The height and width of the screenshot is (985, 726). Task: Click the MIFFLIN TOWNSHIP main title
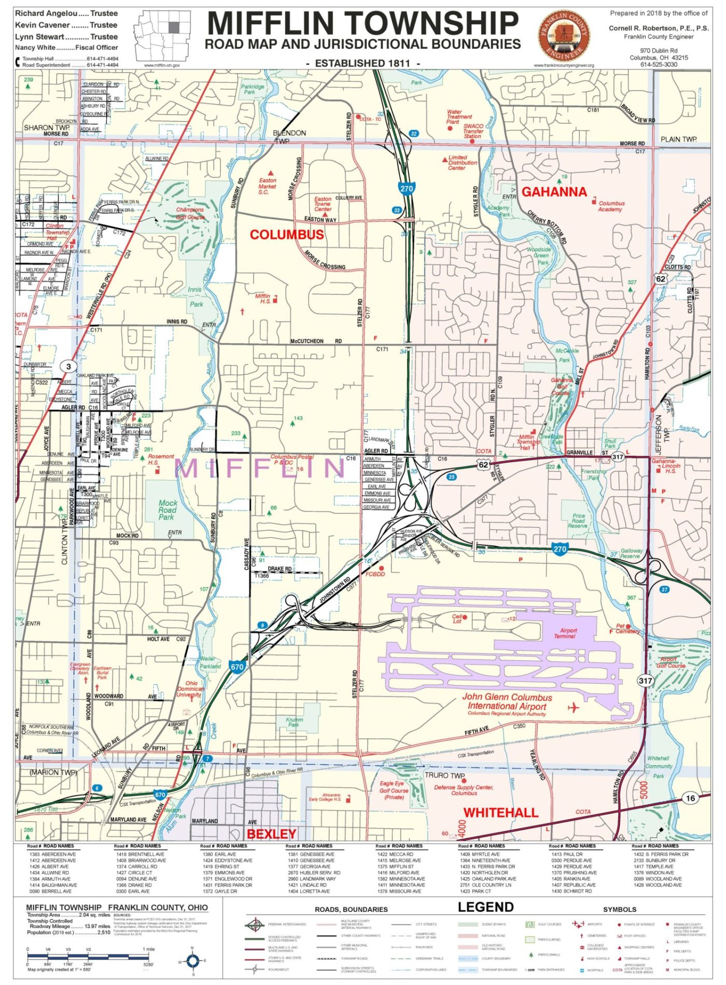tap(363, 23)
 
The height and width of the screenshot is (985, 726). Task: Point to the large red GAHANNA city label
tap(554, 192)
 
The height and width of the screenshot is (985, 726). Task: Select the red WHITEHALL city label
tap(500, 812)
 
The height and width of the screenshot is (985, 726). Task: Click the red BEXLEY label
tap(271, 834)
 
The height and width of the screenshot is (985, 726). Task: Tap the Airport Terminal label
tap(565, 633)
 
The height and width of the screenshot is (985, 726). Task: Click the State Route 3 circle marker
tap(68, 367)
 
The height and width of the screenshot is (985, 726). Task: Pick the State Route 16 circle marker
tap(690, 798)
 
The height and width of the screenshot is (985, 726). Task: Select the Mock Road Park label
tap(167, 510)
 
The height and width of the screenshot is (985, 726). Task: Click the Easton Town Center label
tap(323, 204)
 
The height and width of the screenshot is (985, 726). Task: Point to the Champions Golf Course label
tap(189, 213)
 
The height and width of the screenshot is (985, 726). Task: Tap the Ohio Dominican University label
tap(190, 689)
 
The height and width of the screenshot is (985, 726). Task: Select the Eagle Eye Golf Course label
tap(393, 790)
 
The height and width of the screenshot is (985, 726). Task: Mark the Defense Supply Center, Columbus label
tap(464, 790)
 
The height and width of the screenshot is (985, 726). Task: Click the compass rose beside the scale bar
tap(193, 961)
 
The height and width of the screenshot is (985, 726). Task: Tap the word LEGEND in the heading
tap(485, 907)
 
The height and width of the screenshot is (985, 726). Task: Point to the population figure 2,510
tap(104, 932)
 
